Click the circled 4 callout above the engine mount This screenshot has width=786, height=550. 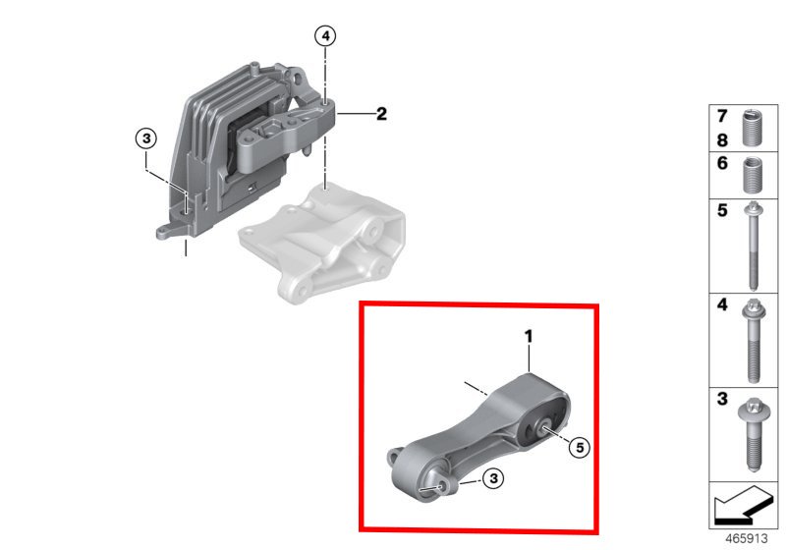click(x=326, y=36)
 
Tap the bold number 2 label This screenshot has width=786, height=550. click(x=381, y=114)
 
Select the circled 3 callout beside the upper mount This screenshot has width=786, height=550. click(x=146, y=137)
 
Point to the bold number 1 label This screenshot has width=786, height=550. click(x=529, y=336)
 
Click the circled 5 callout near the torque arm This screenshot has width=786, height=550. click(x=580, y=447)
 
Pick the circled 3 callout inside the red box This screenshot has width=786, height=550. click(x=494, y=478)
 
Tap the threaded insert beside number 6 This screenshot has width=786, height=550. click(x=752, y=175)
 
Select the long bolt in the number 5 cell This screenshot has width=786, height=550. click(x=753, y=246)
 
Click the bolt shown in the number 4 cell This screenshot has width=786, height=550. click(x=753, y=341)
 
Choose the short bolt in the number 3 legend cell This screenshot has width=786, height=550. click(x=752, y=434)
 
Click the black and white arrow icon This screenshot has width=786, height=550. click(x=742, y=505)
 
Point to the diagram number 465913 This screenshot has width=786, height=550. click(x=747, y=538)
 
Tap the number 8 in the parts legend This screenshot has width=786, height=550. click(x=722, y=140)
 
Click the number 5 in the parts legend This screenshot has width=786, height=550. click(x=722, y=210)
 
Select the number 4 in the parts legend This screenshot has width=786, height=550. click(x=722, y=304)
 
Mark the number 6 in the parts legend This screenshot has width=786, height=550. click(x=722, y=163)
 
